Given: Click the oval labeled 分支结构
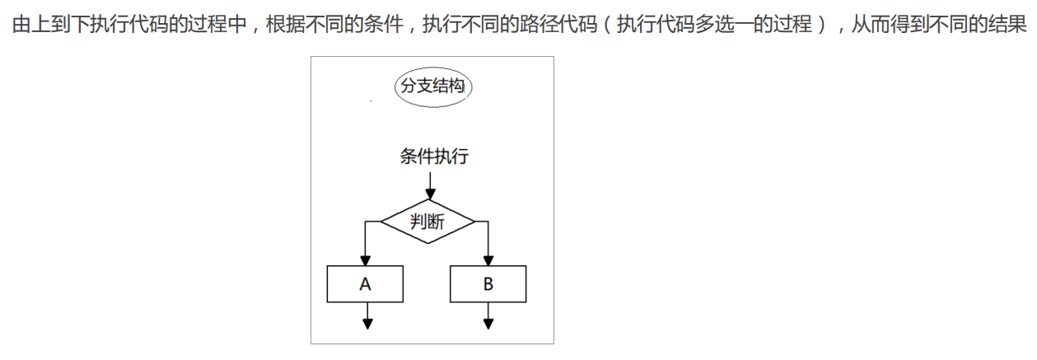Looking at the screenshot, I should (433, 86).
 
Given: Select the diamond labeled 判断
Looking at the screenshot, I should (427, 222).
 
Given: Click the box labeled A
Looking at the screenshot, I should (366, 284).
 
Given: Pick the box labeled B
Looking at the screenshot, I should (488, 284).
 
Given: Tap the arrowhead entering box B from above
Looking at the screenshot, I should (488, 259).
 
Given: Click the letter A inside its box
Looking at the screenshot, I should (366, 284).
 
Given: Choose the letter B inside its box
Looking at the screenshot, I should (488, 284).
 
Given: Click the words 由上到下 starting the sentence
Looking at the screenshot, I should (49, 24).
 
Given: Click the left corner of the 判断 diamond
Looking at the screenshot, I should (381, 222).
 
